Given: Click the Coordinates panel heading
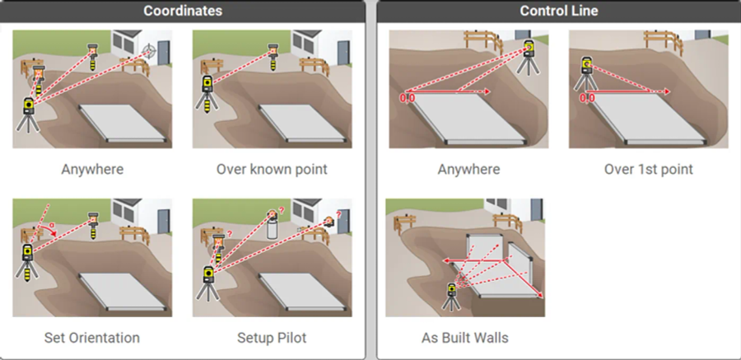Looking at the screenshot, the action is (183, 11).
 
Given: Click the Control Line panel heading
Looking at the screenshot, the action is (558, 11).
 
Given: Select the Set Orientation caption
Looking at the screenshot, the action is (92, 338).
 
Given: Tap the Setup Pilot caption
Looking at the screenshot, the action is (272, 338).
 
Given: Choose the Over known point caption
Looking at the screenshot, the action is (272, 170).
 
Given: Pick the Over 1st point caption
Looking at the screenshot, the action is (649, 170).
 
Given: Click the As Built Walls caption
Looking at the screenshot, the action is (465, 338).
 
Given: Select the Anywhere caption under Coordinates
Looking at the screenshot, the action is (92, 170).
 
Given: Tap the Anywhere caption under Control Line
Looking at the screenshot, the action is (468, 170).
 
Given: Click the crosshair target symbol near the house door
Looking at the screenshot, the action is (149, 49).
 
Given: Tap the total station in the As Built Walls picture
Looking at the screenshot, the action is (451, 296).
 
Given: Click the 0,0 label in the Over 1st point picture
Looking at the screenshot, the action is (587, 98).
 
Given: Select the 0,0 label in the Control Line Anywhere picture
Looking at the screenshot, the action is (408, 98).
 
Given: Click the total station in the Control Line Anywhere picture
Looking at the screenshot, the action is (529, 57).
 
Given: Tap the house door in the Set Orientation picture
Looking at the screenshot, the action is (164, 222).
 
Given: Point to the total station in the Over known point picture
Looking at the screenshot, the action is (207, 93).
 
